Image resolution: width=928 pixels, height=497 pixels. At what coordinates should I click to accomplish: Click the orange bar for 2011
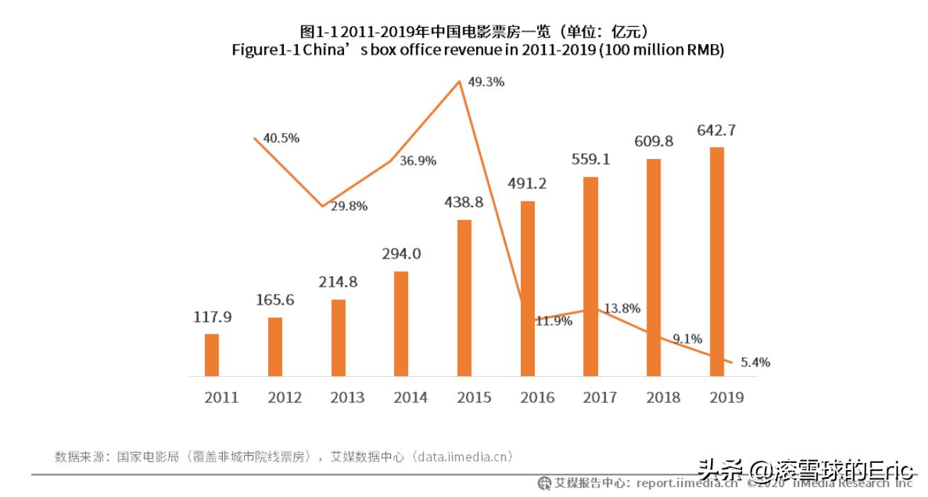(x=212, y=355)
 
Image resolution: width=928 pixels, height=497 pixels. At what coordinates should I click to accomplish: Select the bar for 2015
(x=464, y=298)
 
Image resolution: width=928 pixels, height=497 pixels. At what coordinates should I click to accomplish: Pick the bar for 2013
(x=338, y=338)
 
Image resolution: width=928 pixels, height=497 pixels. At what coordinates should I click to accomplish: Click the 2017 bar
(x=590, y=276)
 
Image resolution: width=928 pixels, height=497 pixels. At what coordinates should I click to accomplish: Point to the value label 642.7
(x=717, y=130)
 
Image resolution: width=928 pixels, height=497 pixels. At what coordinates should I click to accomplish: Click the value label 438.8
(x=464, y=202)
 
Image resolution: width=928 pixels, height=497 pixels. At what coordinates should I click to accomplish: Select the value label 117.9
(x=212, y=317)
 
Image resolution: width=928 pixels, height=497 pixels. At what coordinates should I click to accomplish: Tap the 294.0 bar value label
(x=401, y=254)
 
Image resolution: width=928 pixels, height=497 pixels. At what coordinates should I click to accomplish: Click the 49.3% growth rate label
(x=487, y=82)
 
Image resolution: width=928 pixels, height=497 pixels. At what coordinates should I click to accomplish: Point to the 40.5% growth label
(x=282, y=138)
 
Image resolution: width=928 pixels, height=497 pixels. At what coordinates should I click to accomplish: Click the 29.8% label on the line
(x=350, y=206)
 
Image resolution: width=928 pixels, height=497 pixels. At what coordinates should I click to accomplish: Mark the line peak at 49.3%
(x=461, y=81)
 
